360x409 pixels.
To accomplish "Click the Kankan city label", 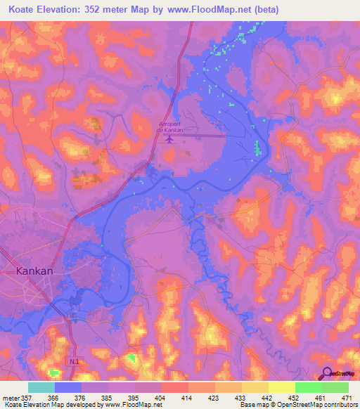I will (x=34, y=270).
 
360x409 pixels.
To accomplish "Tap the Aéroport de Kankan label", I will (x=169, y=126).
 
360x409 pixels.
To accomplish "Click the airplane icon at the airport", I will (x=169, y=138).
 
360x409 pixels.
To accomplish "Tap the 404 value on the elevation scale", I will (x=160, y=398).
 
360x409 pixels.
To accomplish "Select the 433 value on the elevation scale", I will (x=241, y=398).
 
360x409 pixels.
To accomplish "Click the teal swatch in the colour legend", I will (x=41, y=387).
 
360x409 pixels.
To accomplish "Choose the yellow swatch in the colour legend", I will (x=281, y=387).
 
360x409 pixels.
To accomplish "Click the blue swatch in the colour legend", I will (x=68, y=387).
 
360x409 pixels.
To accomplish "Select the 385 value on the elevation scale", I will (x=107, y=398).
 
